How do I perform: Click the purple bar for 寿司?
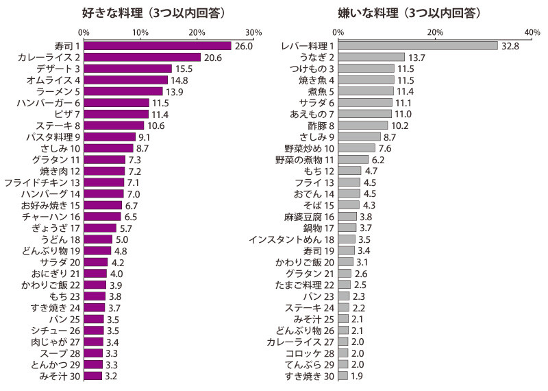tap(158, 46)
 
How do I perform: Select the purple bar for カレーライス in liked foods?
tap(142, 58)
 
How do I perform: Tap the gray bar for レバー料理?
tap(417, 46)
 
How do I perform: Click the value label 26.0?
tap(244, 46)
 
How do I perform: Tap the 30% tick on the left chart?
tap(253, 32)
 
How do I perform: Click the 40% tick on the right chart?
tap(532, 32)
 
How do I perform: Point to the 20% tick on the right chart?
tap(435, 32)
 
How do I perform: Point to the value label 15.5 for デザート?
tap(183, 69)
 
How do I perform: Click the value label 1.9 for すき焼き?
tap(356, 376)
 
